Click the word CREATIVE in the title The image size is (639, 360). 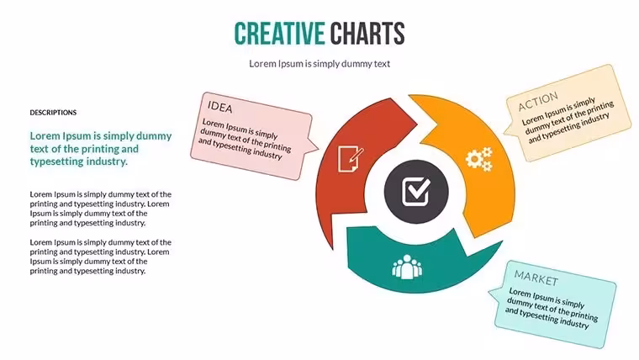[x=279, y=34]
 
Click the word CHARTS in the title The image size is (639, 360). [x=367, y=34]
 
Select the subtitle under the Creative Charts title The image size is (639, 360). [x=319, y=64]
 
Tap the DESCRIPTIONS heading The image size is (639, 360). [x=53, y=113]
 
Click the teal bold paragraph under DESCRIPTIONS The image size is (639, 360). [x=101, y=148]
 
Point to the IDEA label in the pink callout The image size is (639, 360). [x=220, y=107]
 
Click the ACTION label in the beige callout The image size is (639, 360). [x=538, y=102]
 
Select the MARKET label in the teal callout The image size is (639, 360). [x=536, y=278]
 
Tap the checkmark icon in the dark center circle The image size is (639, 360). [x=416, y=192]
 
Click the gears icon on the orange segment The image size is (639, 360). [x=479, y=159]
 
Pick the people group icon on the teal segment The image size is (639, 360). [x=407, y=267]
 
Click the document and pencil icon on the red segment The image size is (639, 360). [x=350, y=159]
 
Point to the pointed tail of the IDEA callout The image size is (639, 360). [x=318, y=149]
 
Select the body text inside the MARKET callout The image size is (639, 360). [x=552, y=308]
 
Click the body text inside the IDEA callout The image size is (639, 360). [x=245, y=139]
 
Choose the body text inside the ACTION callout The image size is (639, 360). [x=568, y=120]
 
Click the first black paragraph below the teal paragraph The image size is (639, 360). [x=101, y=209]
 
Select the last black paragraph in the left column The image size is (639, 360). [x=101, y=257]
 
